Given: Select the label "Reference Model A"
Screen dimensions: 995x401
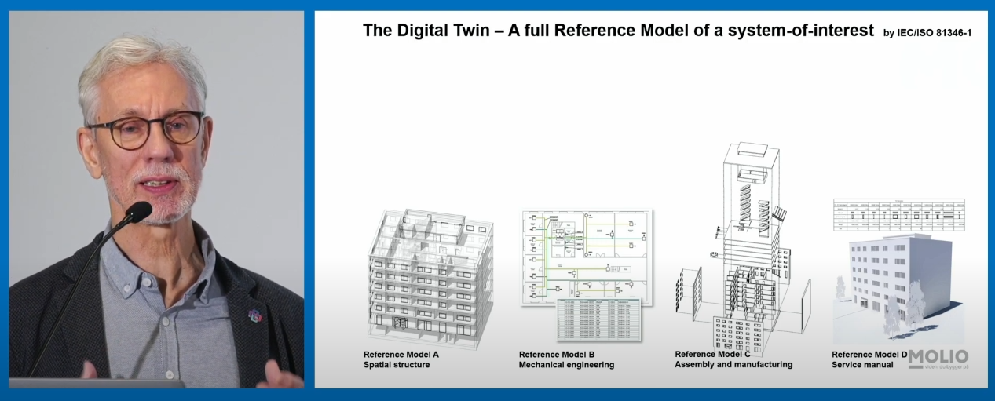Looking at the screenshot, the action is pos(401,355).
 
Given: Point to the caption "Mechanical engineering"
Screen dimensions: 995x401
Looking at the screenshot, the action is pos(566,365).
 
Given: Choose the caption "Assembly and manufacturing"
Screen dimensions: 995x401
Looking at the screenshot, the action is pos(733,364).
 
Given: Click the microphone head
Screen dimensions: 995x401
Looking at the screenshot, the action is pos(138,212).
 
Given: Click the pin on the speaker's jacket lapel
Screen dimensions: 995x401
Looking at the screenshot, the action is pos(254,315).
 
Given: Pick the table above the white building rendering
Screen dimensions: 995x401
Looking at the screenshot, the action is pos(898,213).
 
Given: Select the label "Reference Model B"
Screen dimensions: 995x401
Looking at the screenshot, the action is pos(557,355).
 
